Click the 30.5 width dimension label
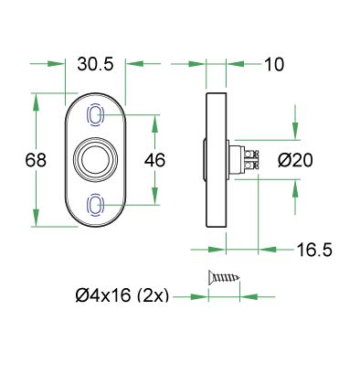[96, 64]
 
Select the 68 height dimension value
[36, 160]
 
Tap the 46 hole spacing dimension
[155, 160]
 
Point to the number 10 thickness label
[273, 64]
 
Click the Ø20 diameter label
[295, 160]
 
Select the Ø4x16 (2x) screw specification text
[122, 295]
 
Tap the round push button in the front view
[95, 160]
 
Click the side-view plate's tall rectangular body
[217, 160]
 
